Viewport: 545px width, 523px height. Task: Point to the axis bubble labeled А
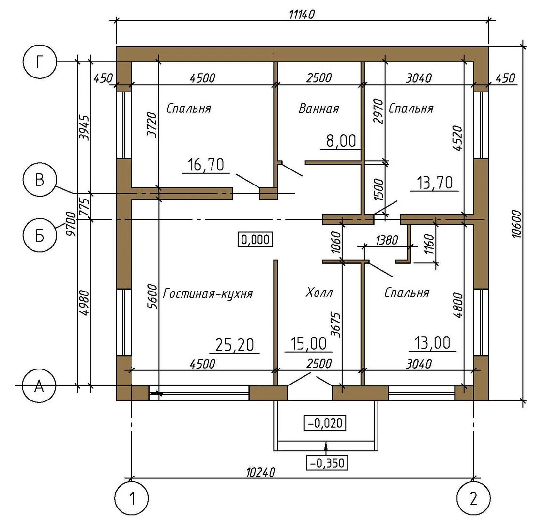40,386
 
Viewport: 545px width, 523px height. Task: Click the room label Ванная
318,108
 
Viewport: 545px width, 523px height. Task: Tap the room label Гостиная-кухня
208,293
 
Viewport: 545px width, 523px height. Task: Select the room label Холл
319,293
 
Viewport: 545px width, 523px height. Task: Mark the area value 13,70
434,183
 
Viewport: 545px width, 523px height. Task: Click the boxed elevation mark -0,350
327,462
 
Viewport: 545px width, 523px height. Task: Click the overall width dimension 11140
302,14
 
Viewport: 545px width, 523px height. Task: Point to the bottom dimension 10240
260,472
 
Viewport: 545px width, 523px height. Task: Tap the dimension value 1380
386,239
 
